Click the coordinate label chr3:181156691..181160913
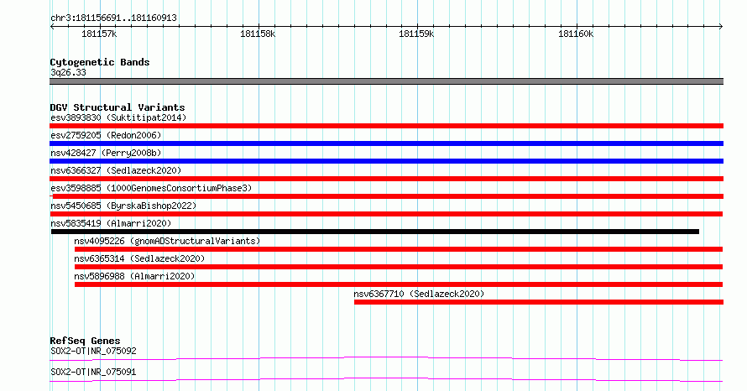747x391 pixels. tap(113, 18)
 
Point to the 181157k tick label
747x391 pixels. tap(99, 34)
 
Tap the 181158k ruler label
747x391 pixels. tap(258, 34)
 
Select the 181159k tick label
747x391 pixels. tap(416, 34)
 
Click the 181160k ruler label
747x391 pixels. tap(576, 34)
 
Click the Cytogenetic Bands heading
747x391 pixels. tap(100, 62)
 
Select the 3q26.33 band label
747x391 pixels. tap(68, 72)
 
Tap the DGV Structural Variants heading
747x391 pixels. tap(118, 107)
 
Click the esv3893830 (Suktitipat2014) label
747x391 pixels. tap(118, 117)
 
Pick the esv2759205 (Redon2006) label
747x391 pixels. tap(106, 135)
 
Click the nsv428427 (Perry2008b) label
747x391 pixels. tap(106, 153)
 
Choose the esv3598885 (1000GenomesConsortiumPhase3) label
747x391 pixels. tap(151, 188)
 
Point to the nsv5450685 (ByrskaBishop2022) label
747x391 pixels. tap(123, 206)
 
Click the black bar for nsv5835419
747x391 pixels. tap(375, 232)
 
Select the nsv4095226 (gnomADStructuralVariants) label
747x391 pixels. tap(167, 241)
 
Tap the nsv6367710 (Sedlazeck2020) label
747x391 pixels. tap(419, 294)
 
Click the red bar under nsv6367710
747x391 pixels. tap(539, 302)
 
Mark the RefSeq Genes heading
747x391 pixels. tap(85, 341)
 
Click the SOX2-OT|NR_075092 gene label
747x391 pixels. tap(93, 351)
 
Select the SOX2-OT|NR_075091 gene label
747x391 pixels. tap(93, 372)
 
